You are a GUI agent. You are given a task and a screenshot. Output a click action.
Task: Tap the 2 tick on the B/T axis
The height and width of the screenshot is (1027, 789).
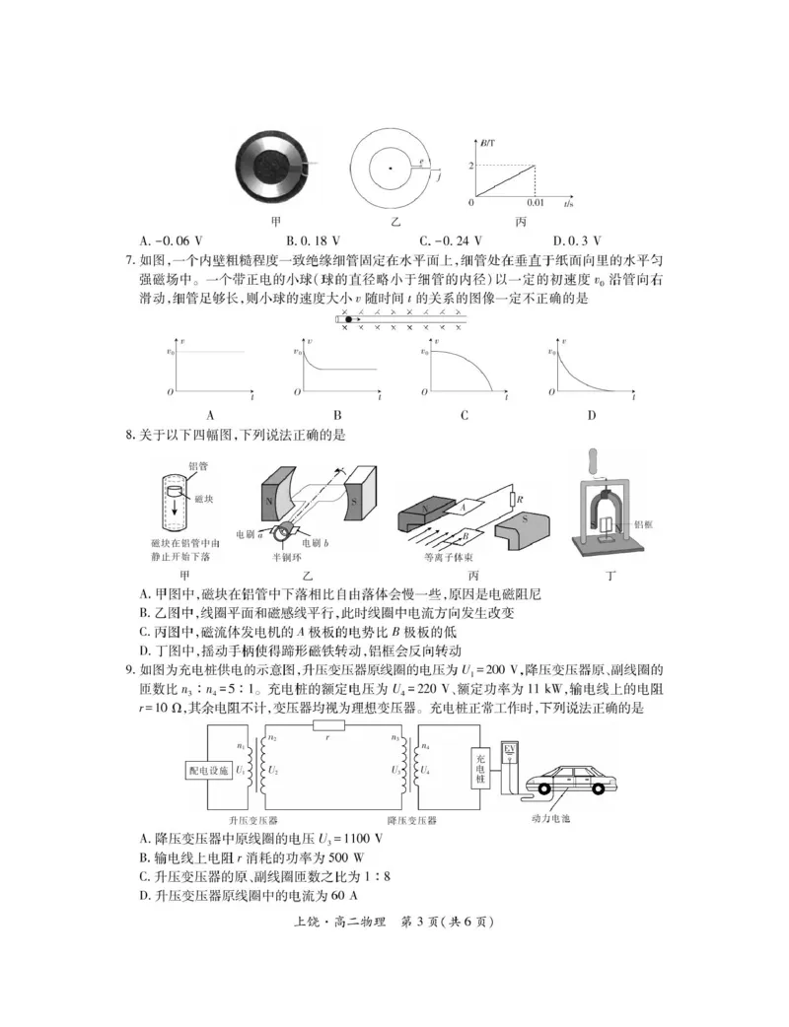coord(471,164)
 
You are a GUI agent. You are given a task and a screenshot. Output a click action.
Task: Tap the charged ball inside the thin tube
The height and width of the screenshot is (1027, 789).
coord(348,319)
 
